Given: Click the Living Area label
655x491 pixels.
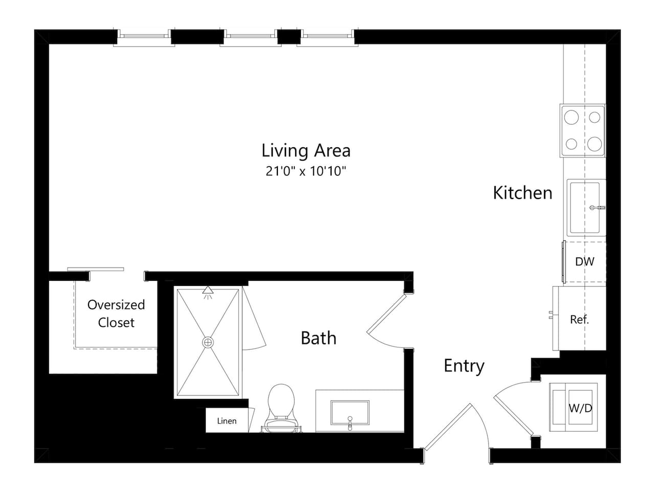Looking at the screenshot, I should tap(305, 150).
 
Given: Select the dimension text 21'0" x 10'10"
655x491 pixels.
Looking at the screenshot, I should tap(305, 171).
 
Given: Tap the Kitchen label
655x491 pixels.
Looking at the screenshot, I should tap(522, 193).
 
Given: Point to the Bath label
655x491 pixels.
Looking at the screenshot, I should tap(318, 338).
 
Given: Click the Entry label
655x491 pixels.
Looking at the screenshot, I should tap(464, 366).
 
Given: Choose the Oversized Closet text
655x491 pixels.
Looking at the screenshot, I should tap(116, 314).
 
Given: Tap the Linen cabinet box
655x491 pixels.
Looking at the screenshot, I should tap(227, 420).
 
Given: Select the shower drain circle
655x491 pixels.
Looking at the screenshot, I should tap(208, 342).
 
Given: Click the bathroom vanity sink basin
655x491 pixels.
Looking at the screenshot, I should tap(350, 412).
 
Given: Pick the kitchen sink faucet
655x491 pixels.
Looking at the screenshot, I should tap(596, 208).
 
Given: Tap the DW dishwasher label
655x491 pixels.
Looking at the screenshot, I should tap(584, 261).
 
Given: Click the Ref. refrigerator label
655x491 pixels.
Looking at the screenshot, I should tap(579, 320).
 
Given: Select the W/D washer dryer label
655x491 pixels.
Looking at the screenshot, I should tap(580, 408).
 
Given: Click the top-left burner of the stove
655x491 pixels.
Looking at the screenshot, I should tap(571, 118).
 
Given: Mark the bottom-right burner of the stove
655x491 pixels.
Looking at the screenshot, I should tap(594, 143).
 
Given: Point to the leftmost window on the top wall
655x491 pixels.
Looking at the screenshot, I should tap(143, 36).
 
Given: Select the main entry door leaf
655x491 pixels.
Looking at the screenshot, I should tap(448, 427).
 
